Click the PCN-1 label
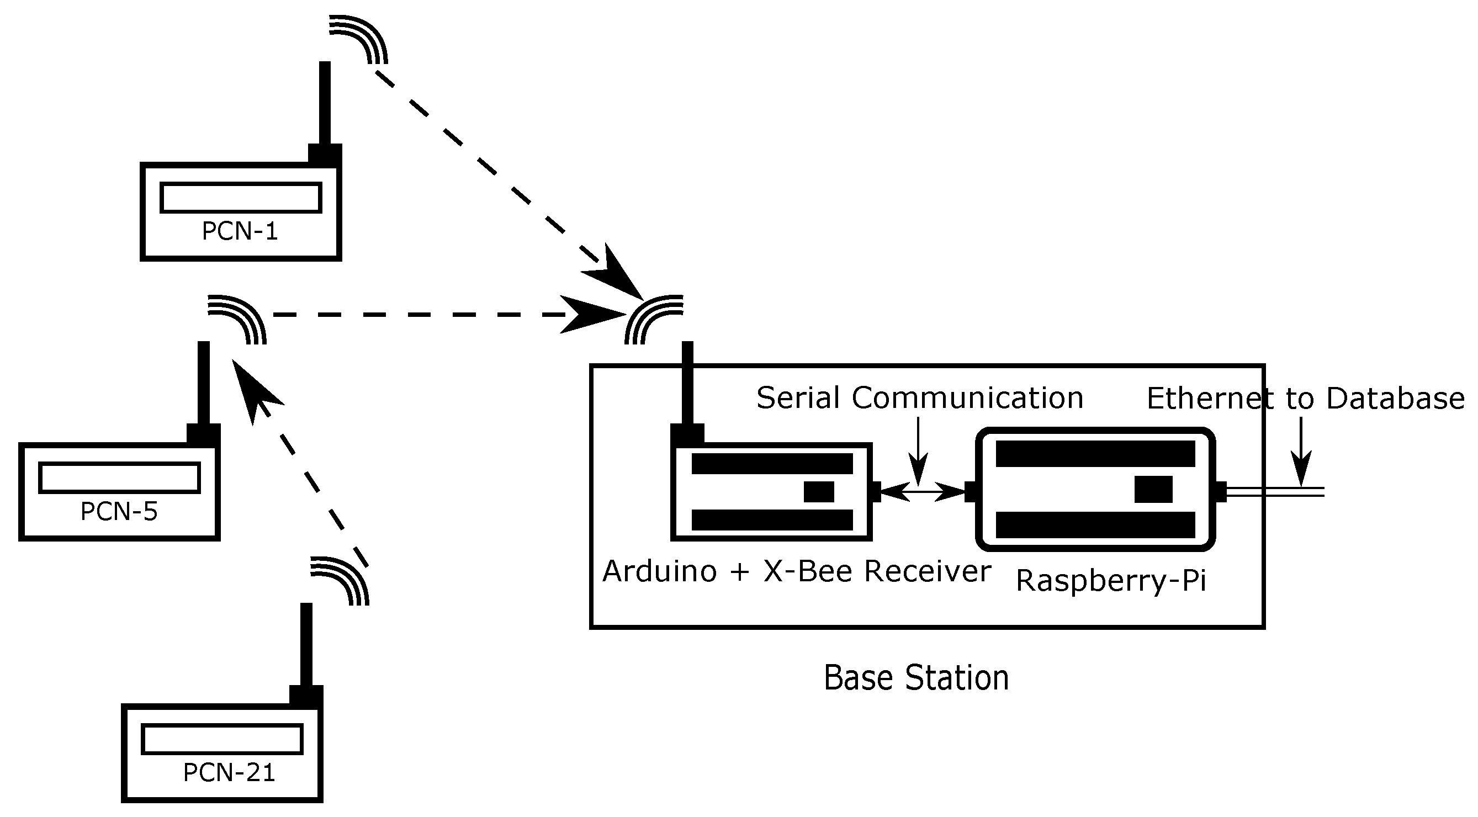[x=240, y=232]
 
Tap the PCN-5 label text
[x=119, y=512]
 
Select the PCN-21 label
[x=229, y=773]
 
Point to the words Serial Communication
[x=920, y=398]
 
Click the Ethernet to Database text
[x=1305, y=399]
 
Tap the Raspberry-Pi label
[x=1111, y=581]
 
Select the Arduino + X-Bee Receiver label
[x=797, y=571]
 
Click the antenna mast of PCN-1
[x=325, y=103]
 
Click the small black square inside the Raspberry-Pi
[x=1153, y=490]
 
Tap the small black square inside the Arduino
[x=819, y=492]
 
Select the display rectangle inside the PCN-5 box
[x=119, y=478]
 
